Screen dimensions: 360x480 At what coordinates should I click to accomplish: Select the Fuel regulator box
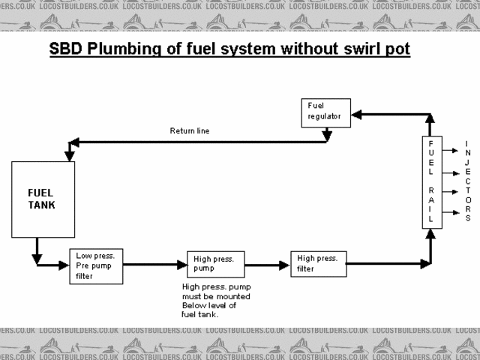point(325,112)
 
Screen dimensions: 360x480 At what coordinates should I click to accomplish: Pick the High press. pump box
point(215,264)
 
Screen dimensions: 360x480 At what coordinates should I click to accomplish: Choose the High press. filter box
point(318,263)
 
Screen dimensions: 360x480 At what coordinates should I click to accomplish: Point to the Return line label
point(190,130)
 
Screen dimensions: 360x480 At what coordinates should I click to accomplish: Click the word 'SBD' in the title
point(66,50)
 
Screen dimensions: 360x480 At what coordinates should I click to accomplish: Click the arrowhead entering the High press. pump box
point(182,264)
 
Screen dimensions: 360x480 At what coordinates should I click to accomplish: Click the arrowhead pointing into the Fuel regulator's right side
point(357,114)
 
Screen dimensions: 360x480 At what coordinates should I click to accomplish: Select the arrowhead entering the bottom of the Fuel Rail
point(430,234)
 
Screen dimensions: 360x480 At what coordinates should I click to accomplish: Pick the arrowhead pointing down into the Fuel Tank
point(70,155)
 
